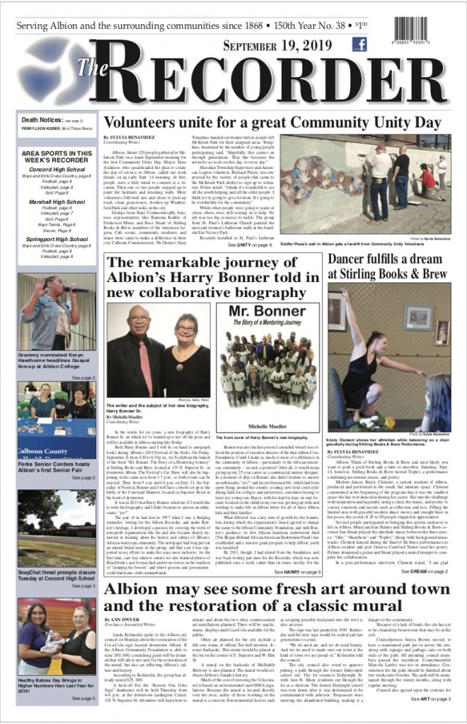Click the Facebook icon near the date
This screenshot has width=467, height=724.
coord(359,45)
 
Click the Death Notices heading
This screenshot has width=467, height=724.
coord(43,120)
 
